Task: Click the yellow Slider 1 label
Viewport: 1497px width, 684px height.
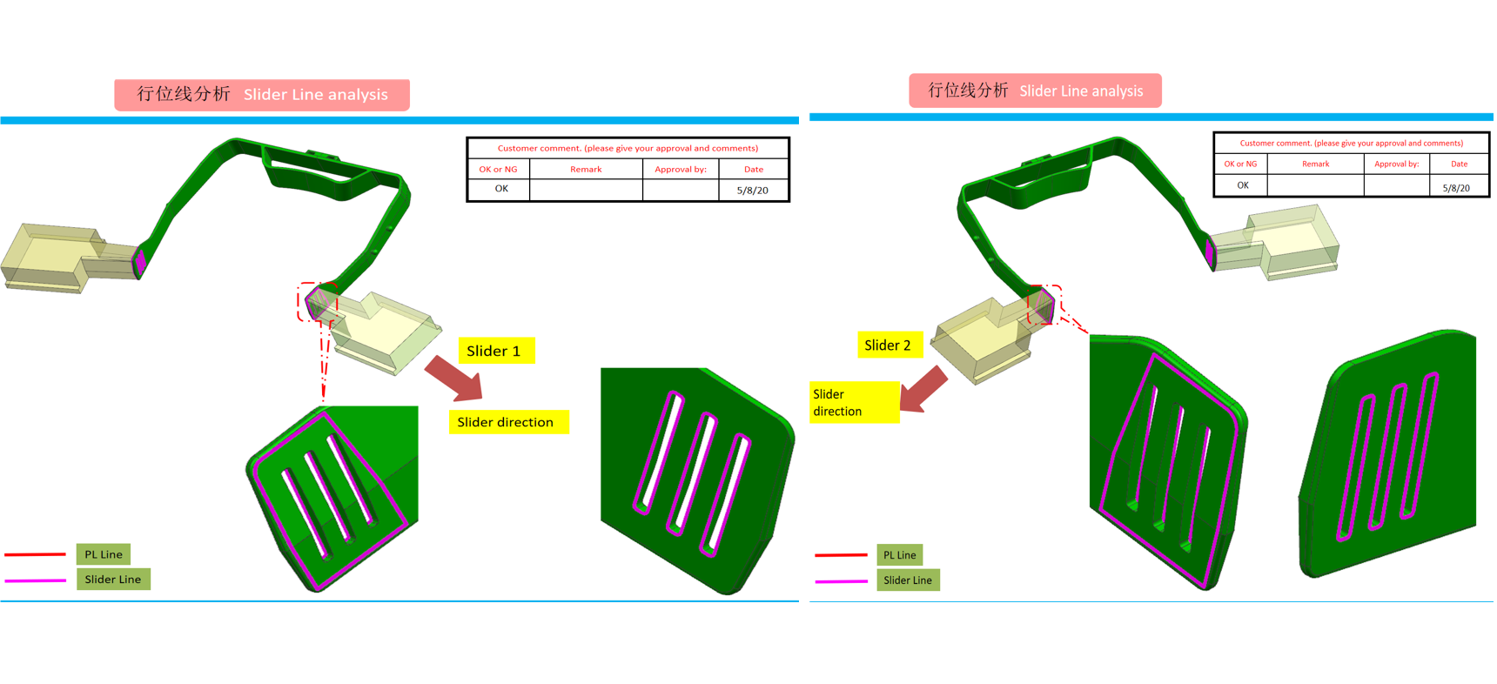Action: (x=496, y=351)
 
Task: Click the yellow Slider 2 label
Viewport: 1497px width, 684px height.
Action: (x=888, y=345)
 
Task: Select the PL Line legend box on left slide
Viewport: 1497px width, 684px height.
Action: (x=104, y=554)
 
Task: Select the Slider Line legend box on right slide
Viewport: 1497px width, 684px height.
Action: (x=908, y=580)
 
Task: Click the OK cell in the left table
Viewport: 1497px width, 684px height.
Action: (x=500, y=189)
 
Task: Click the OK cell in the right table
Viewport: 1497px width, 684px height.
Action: (x=1242, y=185)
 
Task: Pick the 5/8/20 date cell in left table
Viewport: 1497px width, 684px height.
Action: (x=753, y=190)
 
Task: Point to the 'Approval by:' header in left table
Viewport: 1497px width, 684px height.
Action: (x=680, y=169)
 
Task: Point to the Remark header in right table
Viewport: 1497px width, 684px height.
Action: (x=1315, y=164)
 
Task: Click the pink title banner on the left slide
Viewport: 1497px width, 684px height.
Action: (x=262, y=94)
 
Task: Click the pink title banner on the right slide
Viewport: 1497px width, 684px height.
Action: (x=1035, y=91)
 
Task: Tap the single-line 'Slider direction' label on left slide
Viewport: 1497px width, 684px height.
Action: (x=507, y=422)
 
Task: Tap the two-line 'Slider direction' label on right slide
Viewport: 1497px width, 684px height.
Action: (x=853, y=402)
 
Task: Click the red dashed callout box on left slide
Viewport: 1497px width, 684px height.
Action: (x=317, y=301)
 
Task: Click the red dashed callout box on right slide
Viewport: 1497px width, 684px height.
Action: (x=1044, y=305)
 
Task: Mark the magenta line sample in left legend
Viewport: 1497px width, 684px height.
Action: (x=36, y=580)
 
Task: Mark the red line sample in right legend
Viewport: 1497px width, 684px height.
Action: (x=841, y=554)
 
